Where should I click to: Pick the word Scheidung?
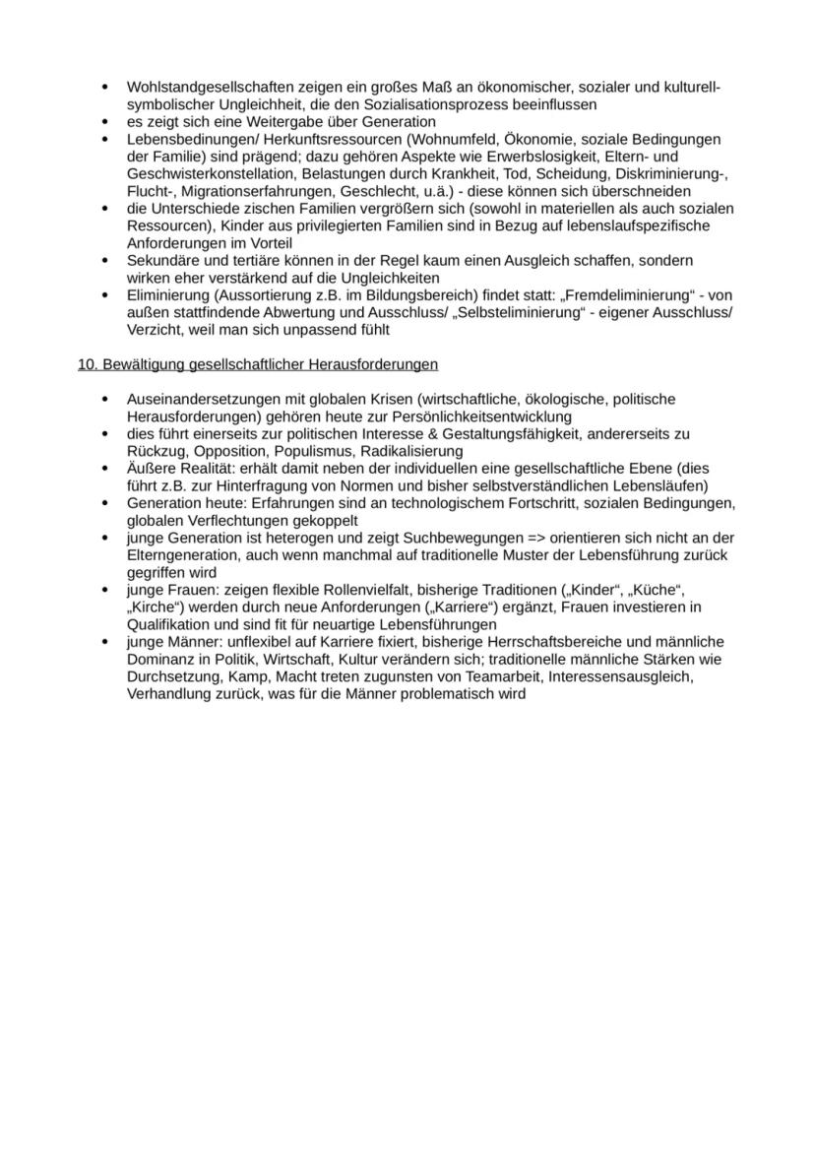tap(567, 173)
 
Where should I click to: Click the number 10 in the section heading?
tap(86, 364)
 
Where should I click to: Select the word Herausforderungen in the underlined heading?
tap(371, 364)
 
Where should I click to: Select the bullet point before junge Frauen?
tap(104, 589)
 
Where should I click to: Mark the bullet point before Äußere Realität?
tap(104, 469)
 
